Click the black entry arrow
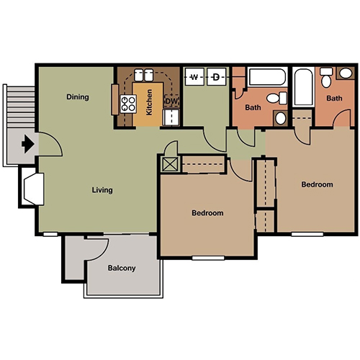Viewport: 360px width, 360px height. [x=28, y=144]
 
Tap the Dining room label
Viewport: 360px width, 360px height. [x=78, y=97]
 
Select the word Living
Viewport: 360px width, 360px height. [x=102, y=190]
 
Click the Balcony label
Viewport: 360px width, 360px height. [x=122, y=268]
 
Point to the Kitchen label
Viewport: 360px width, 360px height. [x=149, y=102]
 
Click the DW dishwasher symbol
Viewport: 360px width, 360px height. [x=171, y=101]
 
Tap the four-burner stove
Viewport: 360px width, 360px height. [x=128, y=104]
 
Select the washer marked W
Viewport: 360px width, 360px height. [x=194, y=77]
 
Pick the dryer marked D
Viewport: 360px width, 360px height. [x=216, y=77]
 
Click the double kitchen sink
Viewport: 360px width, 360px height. [x=143, y=75]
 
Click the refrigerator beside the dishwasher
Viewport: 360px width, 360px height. [x=171, y=117]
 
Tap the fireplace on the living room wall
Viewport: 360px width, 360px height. [x=34, y=189]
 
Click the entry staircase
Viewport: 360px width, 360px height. [x=21, y=107]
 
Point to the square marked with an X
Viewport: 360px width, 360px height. [x=170, y=164]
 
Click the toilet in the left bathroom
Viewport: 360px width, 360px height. [x=276, y=98]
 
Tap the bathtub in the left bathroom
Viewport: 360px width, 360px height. [x=268, y=76]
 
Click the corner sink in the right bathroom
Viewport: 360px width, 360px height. [x=346, y=73]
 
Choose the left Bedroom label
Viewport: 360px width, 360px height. [x=207, y=213]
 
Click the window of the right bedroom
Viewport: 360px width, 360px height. [x=307, y=234]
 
